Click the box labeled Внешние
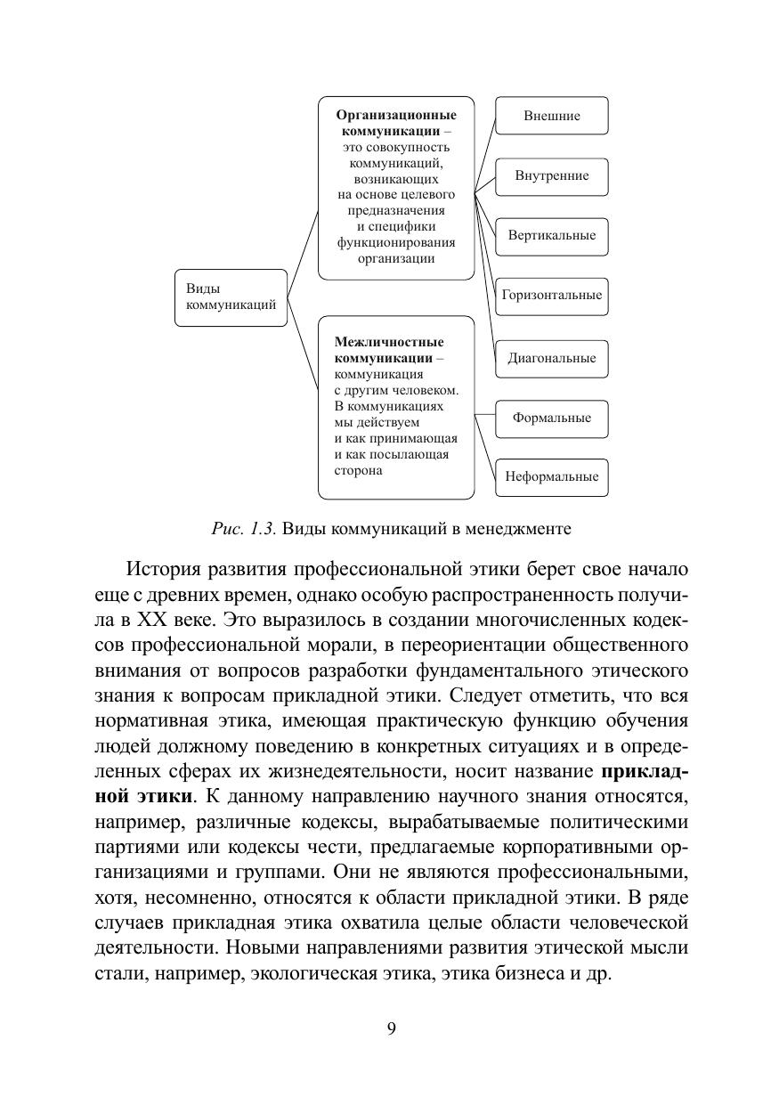pos(552,116)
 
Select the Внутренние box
pos(552,175)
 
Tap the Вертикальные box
pos(552,236)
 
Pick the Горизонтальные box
pos(552,295)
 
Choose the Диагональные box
pos(552,358)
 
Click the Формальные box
pos(552,418)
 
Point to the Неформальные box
pos(552,476)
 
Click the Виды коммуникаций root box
pos(231,297)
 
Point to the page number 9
pos(391,1029)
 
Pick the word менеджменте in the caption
pos(518,528)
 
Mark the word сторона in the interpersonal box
pos(359,470)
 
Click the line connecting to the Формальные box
pos(484,416)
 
